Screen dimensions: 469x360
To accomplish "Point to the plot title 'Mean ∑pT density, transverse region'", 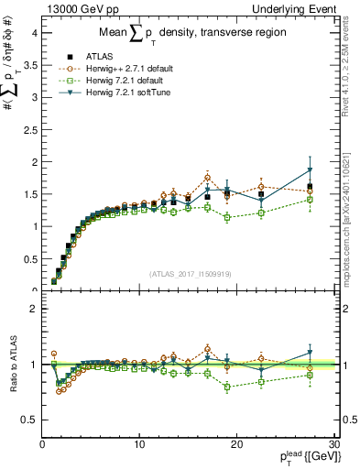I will pos(188,35).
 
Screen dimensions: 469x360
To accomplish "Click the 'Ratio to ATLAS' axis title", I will pos(11,365).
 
